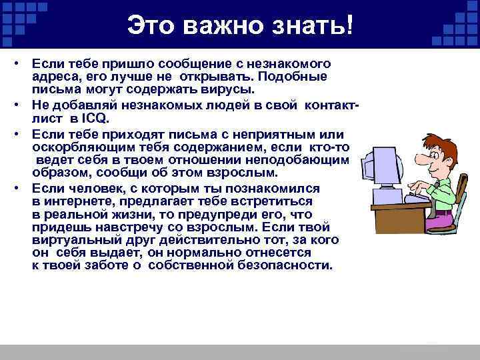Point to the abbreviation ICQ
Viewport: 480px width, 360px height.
pyautogui.click(x=95, y=119)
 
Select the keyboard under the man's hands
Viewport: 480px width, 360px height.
pyautogui.click(x=417, y=198)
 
